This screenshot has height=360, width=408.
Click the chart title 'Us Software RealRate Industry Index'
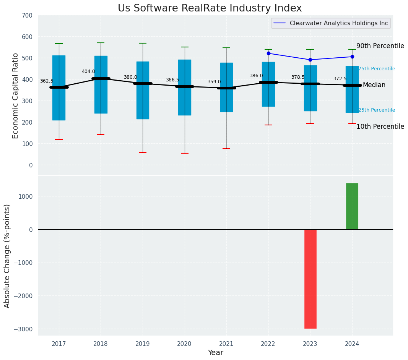[210, 8]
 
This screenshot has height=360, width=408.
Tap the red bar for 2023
[310, 279]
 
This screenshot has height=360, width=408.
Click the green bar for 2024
[352, 206]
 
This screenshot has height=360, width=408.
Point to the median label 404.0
[88, 71]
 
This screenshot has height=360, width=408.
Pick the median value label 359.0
[214, 82]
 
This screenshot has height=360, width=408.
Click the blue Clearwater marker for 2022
[268, 53]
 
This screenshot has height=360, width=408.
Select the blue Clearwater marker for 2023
[310, 60]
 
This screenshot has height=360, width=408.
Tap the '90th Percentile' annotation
[380, 46]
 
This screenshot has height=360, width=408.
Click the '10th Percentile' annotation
[380, 126]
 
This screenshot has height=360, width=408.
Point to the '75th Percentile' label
[377, 69]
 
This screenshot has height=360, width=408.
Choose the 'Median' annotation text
[374, 85]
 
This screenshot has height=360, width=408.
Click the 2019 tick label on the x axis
[143, 344]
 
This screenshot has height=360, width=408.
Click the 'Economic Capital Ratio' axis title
[16, 96]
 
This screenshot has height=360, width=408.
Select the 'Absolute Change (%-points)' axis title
[7, 256]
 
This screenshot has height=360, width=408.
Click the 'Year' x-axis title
[216, 353]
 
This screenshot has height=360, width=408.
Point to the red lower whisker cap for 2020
[185, 153]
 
